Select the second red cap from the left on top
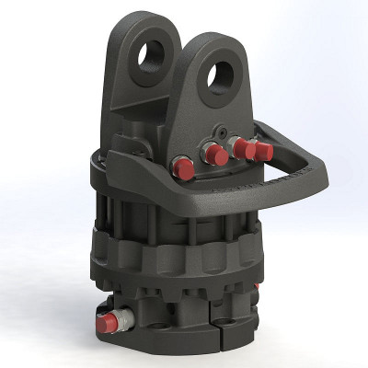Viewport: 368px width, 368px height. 213,153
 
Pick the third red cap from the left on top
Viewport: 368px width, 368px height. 242,146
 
